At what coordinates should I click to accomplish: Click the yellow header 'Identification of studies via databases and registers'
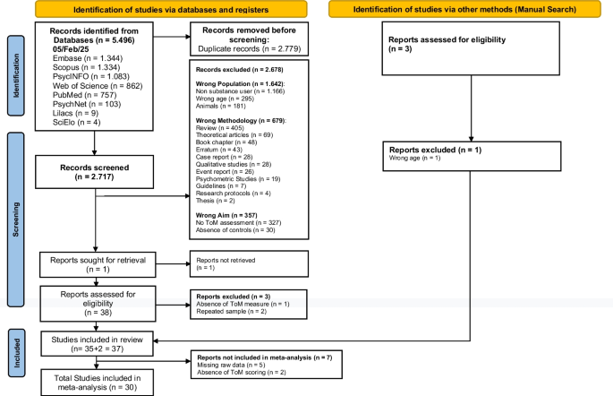click(x=171, y=9)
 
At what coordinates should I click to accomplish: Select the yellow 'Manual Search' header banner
click(x=464, y=9)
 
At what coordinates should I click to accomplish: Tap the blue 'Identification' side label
click(x=16, y=76)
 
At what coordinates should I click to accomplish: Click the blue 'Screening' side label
click(x=16, y=220)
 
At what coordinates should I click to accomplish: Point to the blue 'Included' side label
click(x=17, y=353)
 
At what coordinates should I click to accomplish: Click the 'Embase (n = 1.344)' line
click(x=88, y=58)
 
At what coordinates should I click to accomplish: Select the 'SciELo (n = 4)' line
click(x=77, y=123)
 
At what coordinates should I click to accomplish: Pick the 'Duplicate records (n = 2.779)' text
click(x=250, y=49)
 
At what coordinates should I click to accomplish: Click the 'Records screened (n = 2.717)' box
click(x=94, y=172)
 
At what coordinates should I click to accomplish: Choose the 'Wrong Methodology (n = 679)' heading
click(x=241, y=121)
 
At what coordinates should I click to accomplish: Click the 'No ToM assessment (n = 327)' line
click(x=238, y=223)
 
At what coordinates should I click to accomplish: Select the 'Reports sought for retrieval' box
click(x=98, y=265)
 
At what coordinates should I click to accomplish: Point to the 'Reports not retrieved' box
click(x=249, y=264)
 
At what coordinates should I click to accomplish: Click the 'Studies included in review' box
click(x=97, y=344)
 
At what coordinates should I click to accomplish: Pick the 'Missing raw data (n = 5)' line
click(x=231, y=365)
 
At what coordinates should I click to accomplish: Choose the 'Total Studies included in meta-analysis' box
click(x=97, y=383)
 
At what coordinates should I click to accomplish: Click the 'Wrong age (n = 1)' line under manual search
click(x=414, y=158)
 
